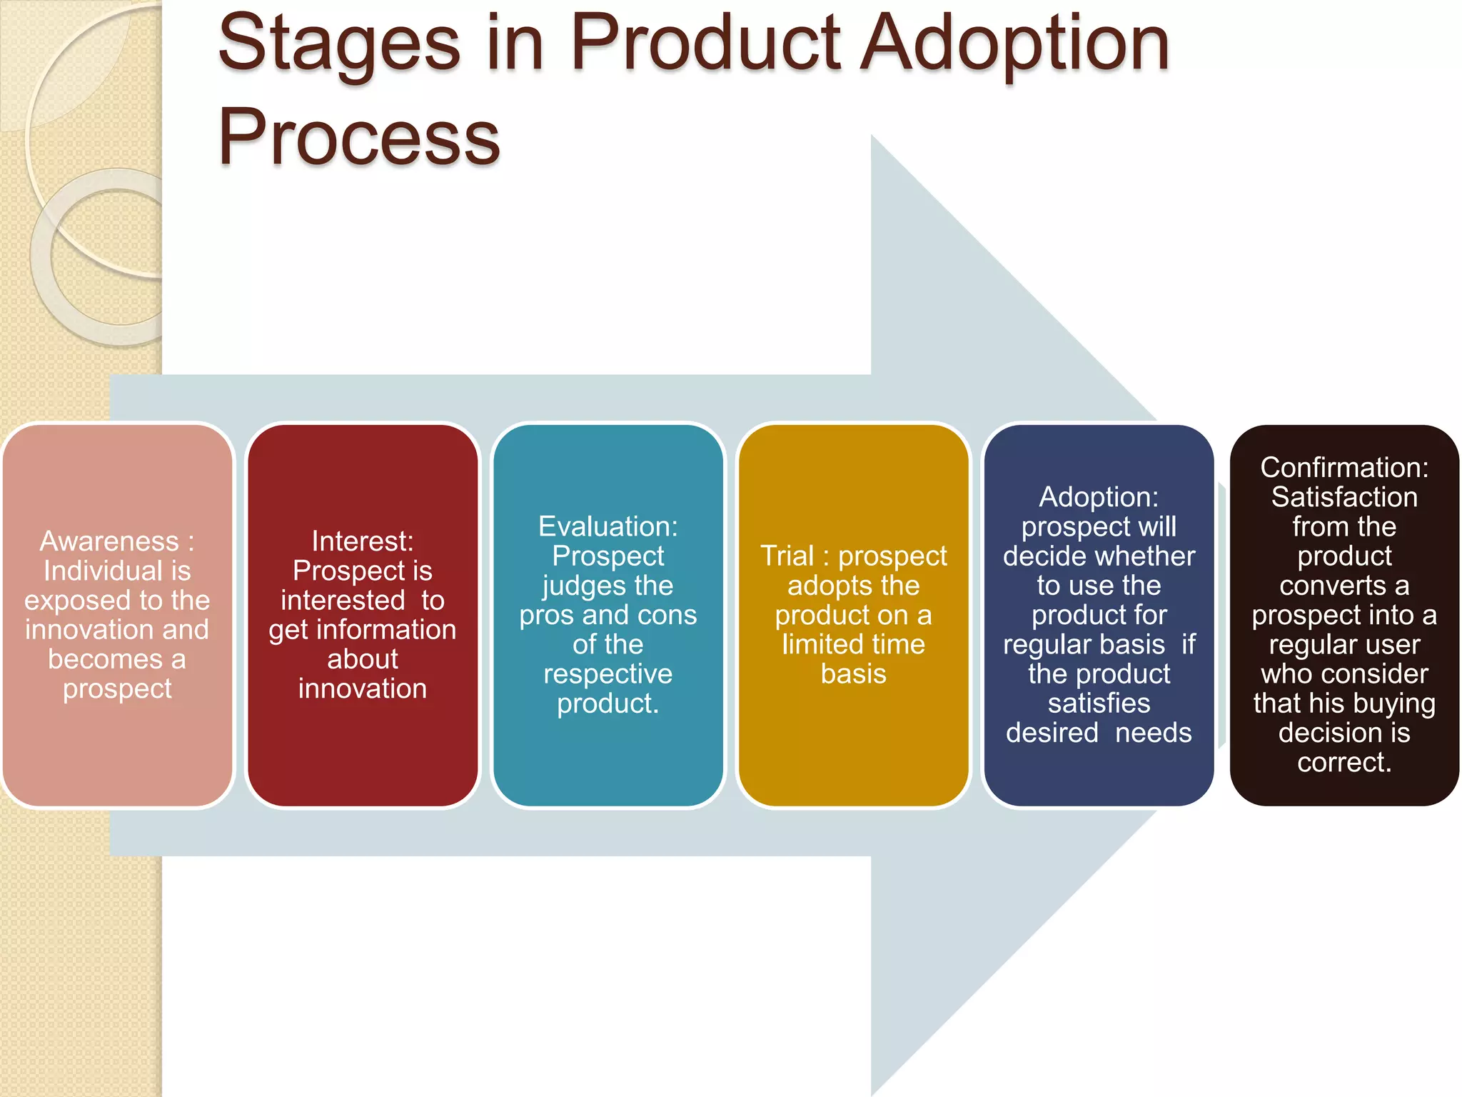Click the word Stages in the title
(339, 44)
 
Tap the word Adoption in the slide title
(1014, 44)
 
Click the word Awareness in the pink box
(109, 541)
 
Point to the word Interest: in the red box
(362, 541)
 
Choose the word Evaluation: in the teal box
(608, 526)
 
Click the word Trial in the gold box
(787, 556)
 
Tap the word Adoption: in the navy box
(1098, 497)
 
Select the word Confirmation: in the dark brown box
(1343, 468)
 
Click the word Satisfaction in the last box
(1343, 497)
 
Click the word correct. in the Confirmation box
(1343, 762)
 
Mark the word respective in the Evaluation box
(608, 674)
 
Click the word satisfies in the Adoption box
(1098, 703)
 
